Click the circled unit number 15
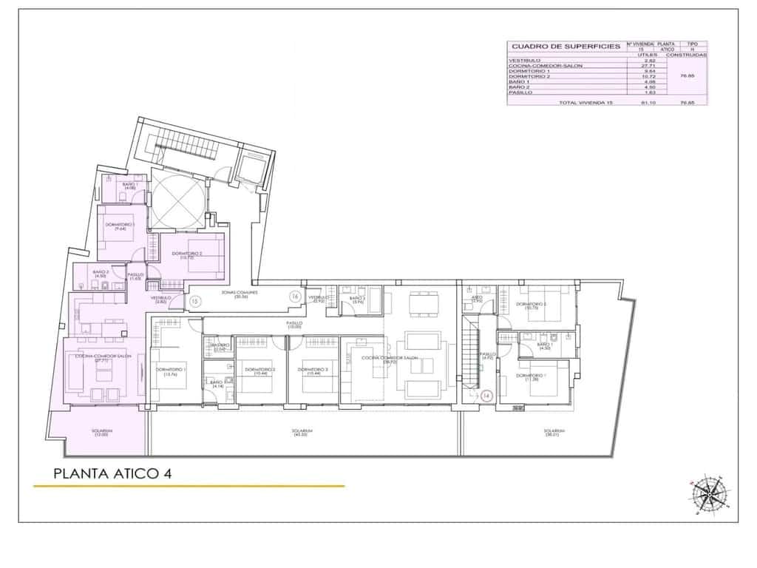(x=194, y=301)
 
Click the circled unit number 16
(x=293, y=297)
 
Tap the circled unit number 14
(x=486, y=396)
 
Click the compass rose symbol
(x=708, y=493)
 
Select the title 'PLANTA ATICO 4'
(x=113, y=473)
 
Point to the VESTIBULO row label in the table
(x=526, y=60)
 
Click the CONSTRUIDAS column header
(x=686, y=55)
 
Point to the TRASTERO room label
(x=220, y=346)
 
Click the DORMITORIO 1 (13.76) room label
(x=171, y=371)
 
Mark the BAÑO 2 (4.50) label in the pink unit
(x=101, y=274)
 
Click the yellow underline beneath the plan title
(x=189, y=486)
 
